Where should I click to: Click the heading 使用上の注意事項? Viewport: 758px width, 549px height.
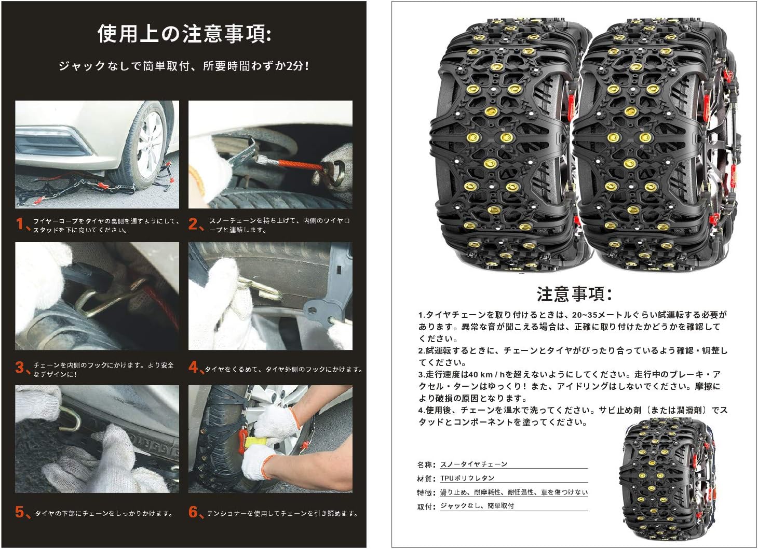coord(184,34)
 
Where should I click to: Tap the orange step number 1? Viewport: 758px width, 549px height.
coord(20,224)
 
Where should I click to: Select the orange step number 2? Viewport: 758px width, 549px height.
coord(194,224)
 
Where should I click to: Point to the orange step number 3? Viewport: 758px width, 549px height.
coord(20,368)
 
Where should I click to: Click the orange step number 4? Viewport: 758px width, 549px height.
coord(194,368)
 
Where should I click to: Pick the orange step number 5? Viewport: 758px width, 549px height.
coord(20,512)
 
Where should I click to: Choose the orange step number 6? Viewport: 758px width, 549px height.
coord(194,512)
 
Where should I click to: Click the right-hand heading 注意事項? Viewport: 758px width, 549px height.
coord(574,294)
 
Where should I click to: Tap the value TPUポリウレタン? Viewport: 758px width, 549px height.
coord(467,478)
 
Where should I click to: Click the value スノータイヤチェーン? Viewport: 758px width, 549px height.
coord(473,464)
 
